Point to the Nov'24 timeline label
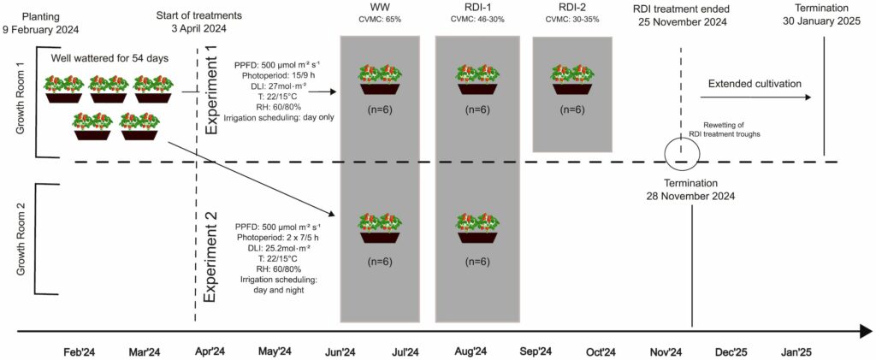[x=665, y=351]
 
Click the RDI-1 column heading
[x=469, y=9]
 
